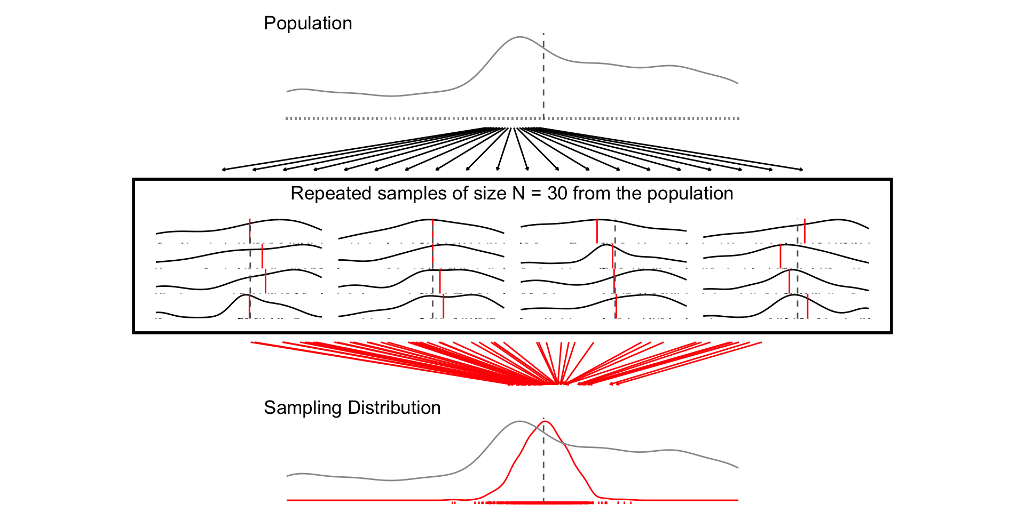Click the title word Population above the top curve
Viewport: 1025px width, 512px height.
coord(307,23)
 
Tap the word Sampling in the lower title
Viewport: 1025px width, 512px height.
coord(303,408)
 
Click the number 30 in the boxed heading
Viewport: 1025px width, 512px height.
coord(557,194)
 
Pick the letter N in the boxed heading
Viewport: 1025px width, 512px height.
coord(518,194)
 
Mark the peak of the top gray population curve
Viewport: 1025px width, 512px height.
coord(519,37)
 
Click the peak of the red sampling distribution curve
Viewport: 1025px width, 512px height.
coord(544,422)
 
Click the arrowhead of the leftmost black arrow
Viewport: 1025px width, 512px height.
coord(224,170)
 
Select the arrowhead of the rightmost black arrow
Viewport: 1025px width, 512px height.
coord(801,170)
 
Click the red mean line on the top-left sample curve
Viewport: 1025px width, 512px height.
coord(249,230)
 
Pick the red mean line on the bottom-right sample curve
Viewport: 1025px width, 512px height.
coord(807,306)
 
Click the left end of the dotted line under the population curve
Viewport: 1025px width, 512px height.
coord(287,118)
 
